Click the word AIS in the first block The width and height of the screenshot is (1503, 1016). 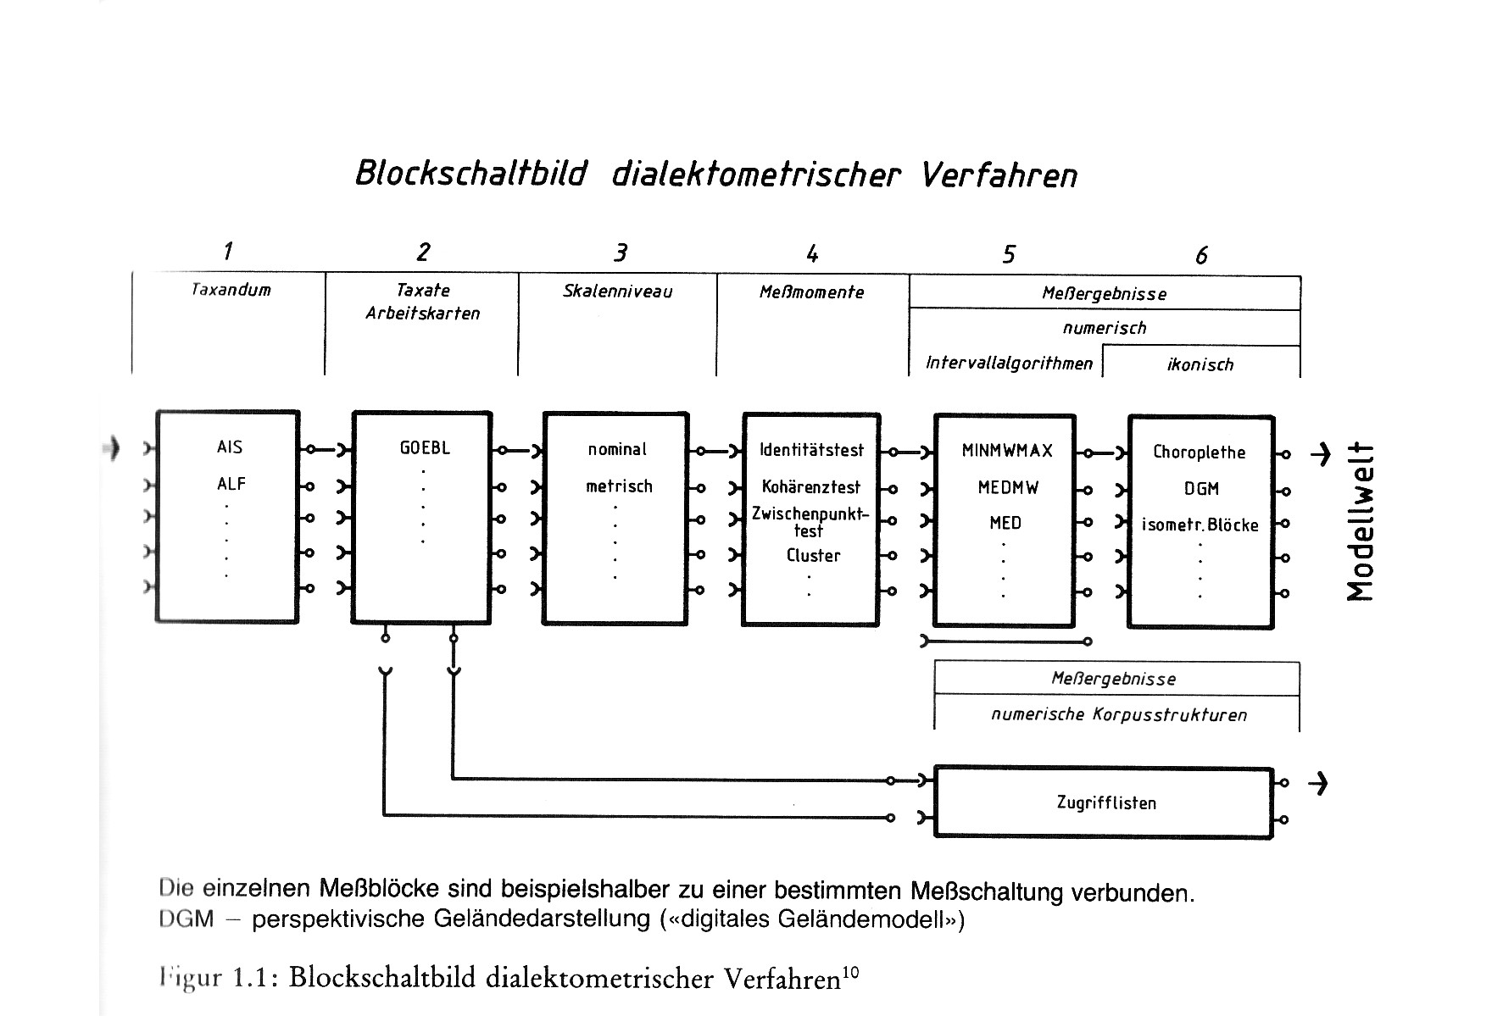click(x=230, y=447)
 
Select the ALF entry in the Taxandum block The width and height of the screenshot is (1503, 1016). click(x=231, y=484)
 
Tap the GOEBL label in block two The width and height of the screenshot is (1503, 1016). click(x=425, y=447)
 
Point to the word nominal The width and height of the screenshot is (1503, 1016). click(x=617, y=449)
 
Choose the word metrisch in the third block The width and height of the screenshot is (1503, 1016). click(x=619, y=486)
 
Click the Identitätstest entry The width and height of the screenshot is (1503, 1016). click(x=811, y=450)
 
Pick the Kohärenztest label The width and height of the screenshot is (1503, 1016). click(x=810, y=487)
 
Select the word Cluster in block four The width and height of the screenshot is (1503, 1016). click(x=813, y=556)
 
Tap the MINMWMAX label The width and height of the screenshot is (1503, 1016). click(x=1007, y=451)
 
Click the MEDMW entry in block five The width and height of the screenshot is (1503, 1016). click(x=1008, y=488)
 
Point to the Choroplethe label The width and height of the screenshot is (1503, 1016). click(x=1199, y=452)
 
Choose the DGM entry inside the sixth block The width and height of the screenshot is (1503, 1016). click(x=1201, y=489)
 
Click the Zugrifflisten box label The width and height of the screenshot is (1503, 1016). click(x=1106, y=802)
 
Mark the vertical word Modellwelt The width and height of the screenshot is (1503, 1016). click(x=1361, y=521)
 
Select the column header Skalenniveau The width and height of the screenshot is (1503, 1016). click(x=617, y=291)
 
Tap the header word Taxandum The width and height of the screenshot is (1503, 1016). click(x=231, y=290)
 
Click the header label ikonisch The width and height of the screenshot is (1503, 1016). click(x=1200, y=364)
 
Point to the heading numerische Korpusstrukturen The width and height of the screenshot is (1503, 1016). click(x=1119, y=714)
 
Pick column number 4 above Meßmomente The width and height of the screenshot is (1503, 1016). click(x=812, y=253)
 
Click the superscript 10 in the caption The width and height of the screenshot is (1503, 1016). click(x=851, y=974)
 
